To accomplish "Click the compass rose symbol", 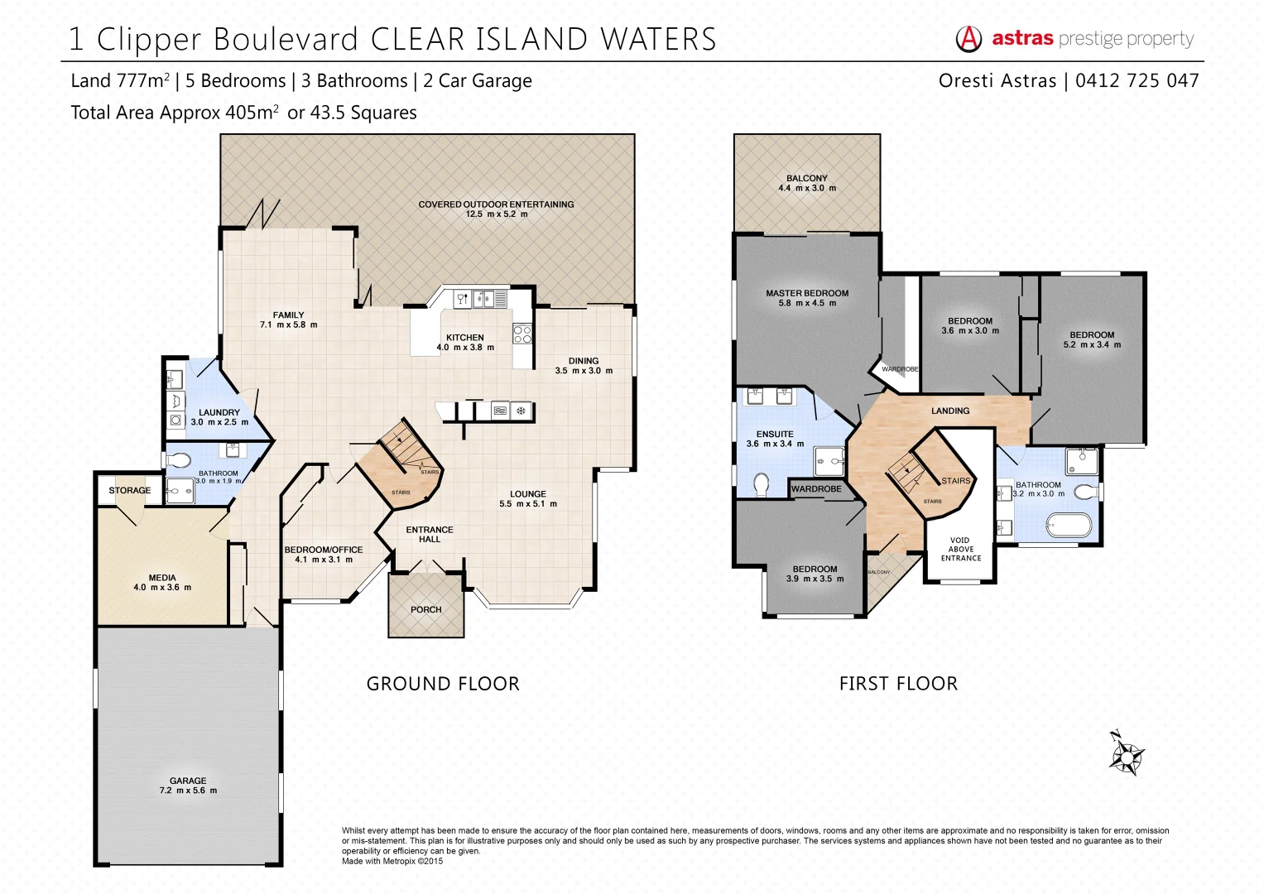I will (1126, 753).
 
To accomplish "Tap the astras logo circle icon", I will (968, 38).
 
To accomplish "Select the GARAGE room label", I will (188, 781).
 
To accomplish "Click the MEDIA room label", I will (162, 578).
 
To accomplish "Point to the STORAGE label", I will (130, 490).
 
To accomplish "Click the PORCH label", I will (426, 609).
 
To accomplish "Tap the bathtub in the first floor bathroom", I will (1069, 524).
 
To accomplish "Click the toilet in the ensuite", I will (762, 484).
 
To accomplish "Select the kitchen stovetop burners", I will (522, 334).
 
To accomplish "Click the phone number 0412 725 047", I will (1137, 80).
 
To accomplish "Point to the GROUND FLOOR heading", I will (443, 684).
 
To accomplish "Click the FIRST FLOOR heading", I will (898, 684).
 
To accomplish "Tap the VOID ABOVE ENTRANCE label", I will (960, 549).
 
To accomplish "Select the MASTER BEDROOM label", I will (807, 293).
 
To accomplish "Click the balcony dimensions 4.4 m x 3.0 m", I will (807, 188).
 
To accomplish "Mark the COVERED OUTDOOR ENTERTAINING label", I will (496, 204).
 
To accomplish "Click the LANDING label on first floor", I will (950, 411).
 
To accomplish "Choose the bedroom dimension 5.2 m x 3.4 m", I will (1092, 344).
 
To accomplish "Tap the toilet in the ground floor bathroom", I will (178, 459).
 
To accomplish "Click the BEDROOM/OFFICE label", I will (324, 550).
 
